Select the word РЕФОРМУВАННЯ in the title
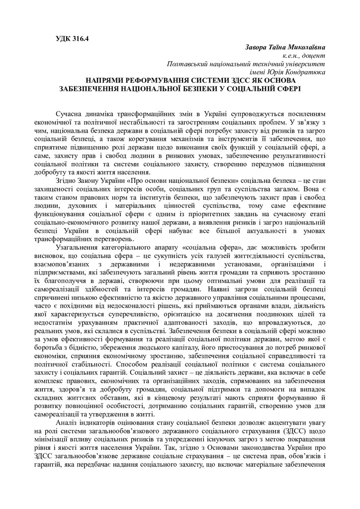(x=161, y=81)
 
